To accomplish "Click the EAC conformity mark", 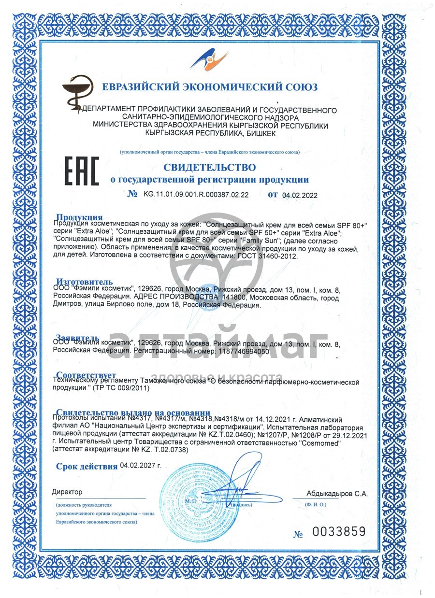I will tap(82, 171).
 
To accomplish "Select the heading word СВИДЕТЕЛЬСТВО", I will tap(210, 168).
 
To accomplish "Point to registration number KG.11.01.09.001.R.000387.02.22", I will tap(196, 195).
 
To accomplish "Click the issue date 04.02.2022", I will tap(300, 195).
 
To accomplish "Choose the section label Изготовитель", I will tap(85, 282).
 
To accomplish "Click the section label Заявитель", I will tap(78, 337).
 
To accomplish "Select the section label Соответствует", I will tap(86, 375).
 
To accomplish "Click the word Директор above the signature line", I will tap(67, 492).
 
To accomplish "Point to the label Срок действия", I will tap(87, 466).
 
